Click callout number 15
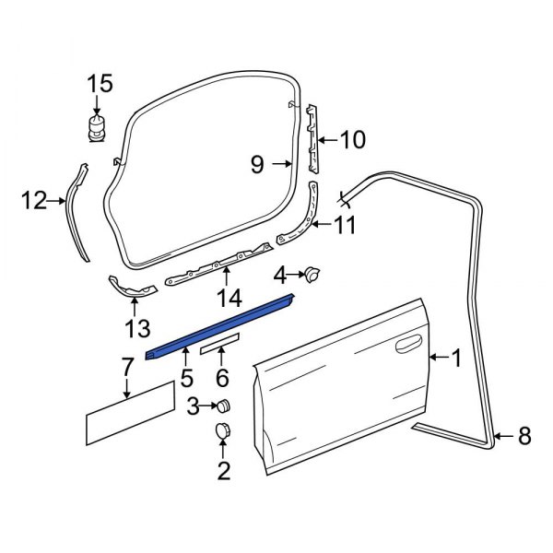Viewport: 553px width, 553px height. pos(100,85)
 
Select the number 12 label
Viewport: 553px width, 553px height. pos(34,199)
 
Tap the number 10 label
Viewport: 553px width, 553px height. pos(352,140)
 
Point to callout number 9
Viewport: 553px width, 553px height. pos(257,165)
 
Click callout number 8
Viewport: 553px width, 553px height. pos(524,436)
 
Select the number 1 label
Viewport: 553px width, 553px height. pos(454,358)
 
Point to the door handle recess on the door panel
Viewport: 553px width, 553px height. pos(403,347)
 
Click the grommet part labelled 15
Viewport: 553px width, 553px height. pos(95,127)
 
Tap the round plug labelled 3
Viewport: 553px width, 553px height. pos(222,406)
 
